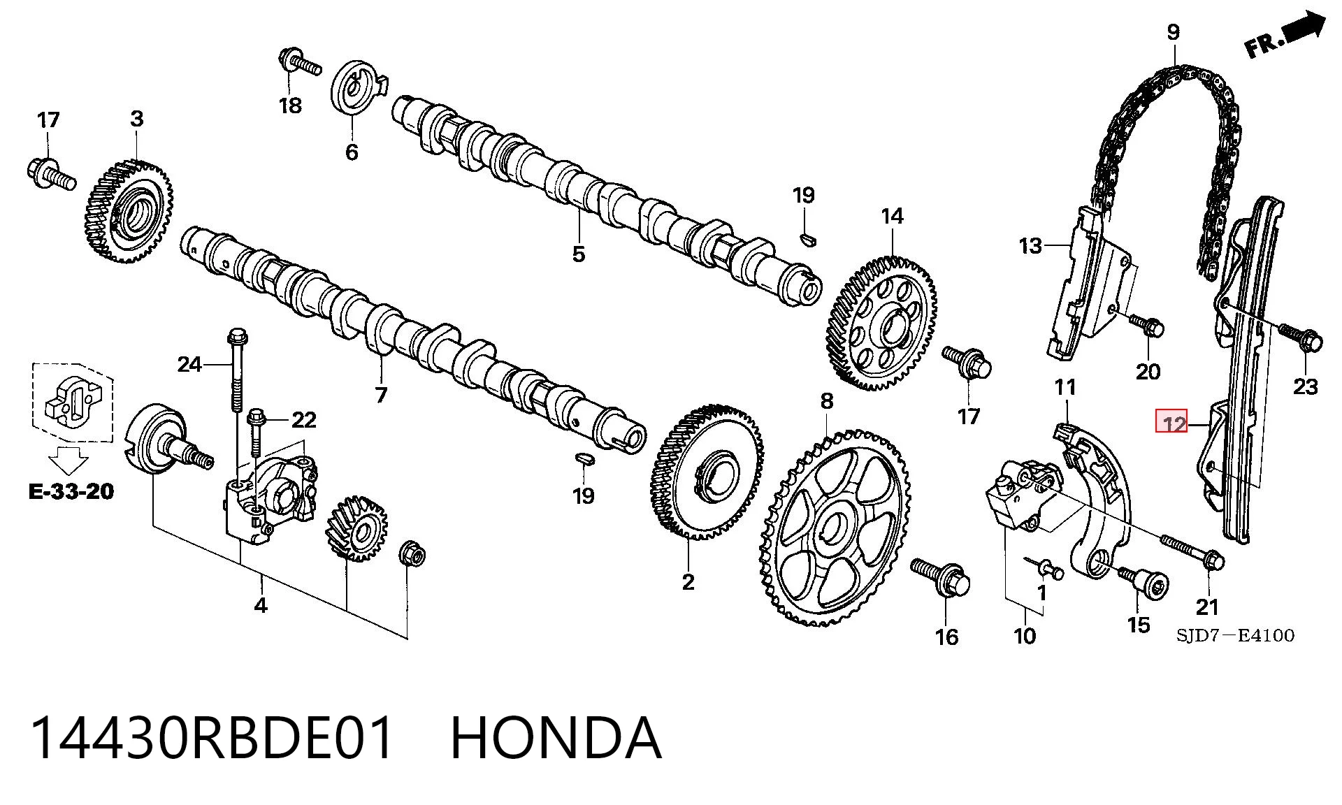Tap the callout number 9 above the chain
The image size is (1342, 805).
[x=1174, y=32]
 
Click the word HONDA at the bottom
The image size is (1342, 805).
[x=556, y=738]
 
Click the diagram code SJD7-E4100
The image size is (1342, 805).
[x=1234, y=635]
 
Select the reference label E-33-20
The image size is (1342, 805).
[x=71, y=491]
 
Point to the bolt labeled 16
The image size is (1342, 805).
[x=941, y=578]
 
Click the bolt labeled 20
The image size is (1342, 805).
[x=1146, y=325]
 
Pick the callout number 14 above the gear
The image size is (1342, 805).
[x=892, y=217]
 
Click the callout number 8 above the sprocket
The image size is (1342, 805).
[x=827, y=401]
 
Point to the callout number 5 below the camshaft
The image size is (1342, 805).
[x=578, y=254]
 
